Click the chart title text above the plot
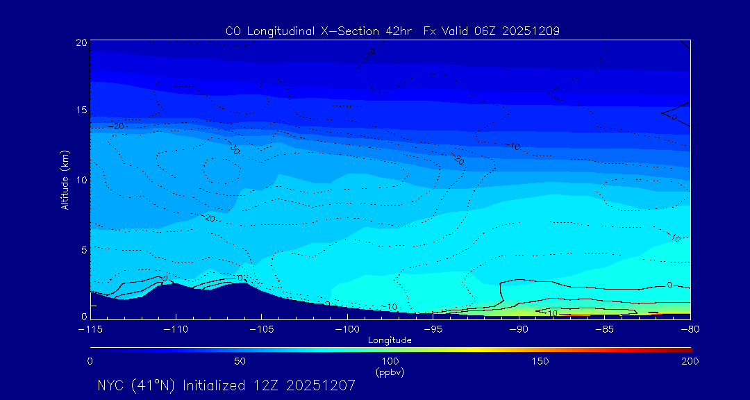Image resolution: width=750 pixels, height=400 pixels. (392, 31)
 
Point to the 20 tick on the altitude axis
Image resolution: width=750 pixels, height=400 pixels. (81, 42)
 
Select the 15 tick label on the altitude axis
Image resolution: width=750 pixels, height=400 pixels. (81, 110)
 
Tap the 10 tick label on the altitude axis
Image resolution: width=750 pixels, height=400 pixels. (81, 180)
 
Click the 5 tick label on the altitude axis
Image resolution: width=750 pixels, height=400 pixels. (83, 249)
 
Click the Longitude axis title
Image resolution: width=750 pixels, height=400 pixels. (390, 340)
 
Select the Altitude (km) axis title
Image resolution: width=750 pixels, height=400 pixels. (65, 180)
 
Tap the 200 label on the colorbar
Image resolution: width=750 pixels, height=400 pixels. (690, 361)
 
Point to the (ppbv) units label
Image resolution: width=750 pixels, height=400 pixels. (390, 372)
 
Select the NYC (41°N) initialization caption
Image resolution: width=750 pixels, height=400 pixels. (226, 385)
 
